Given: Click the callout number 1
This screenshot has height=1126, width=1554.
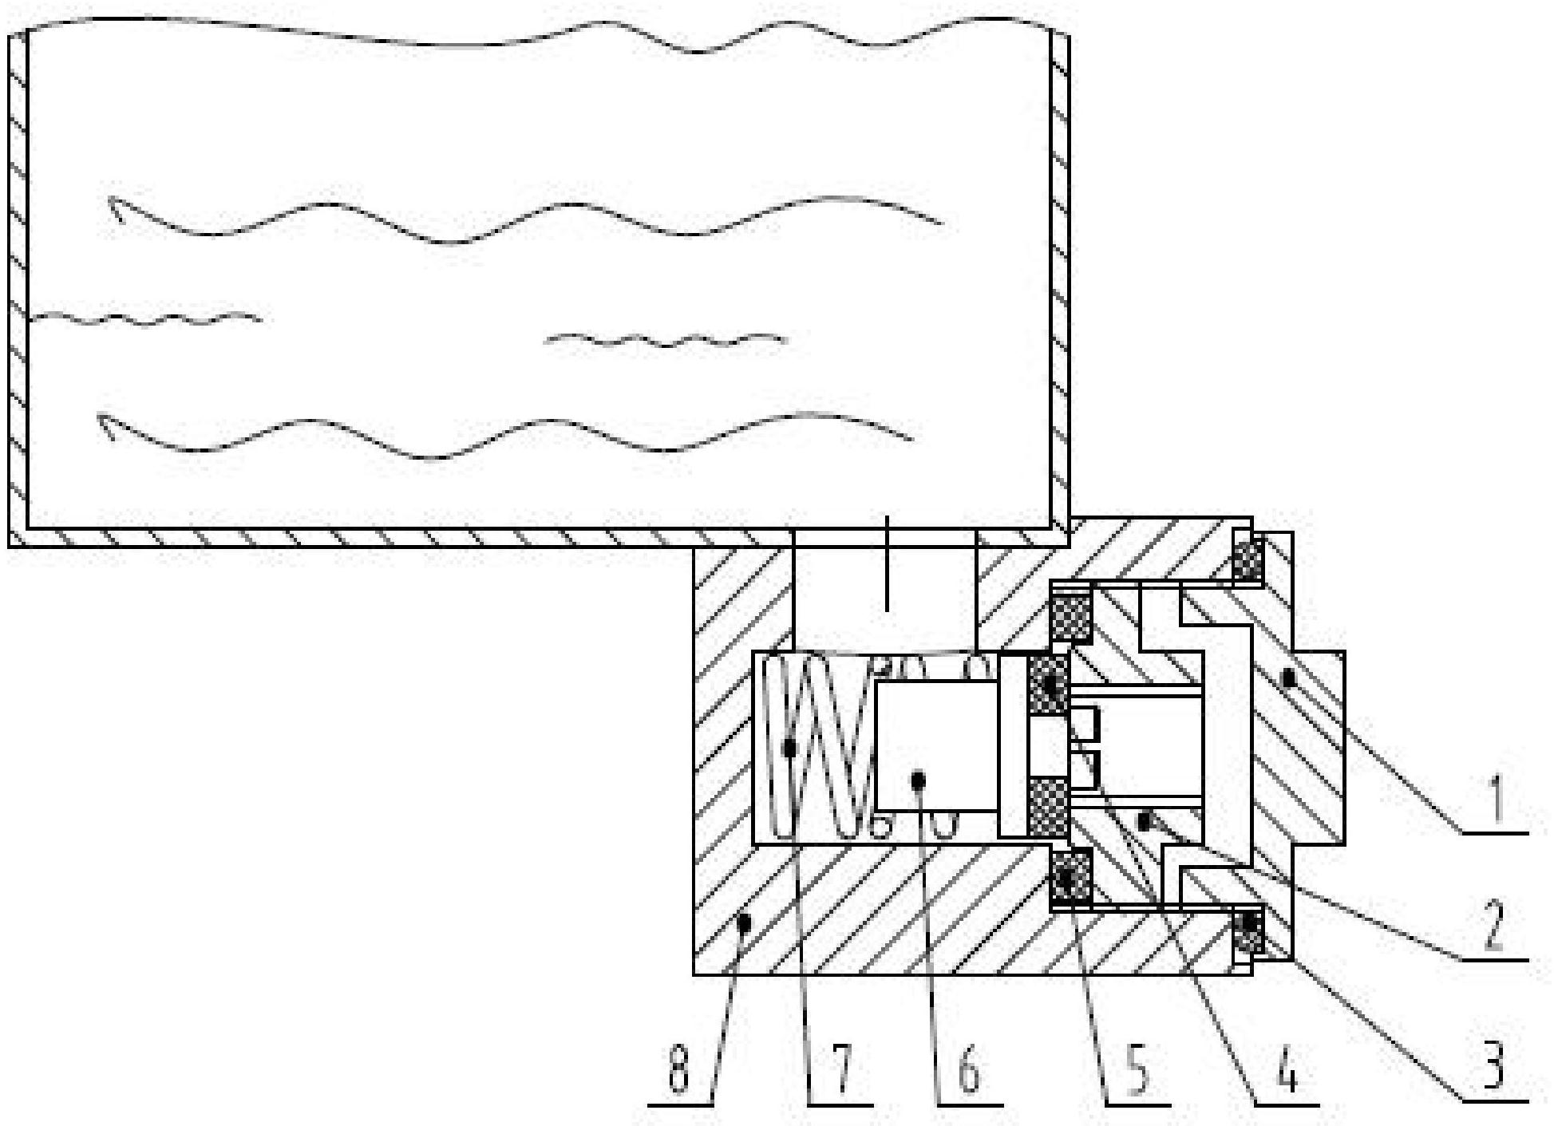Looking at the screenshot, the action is click(1496, 798).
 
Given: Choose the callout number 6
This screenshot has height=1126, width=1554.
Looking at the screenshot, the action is click(969, 1069).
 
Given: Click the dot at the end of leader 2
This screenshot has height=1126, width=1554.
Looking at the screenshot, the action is click(1145, 820).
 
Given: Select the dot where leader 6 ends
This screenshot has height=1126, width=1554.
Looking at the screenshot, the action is click(919, 777).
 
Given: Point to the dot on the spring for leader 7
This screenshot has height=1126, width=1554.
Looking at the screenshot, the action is click(789, 748).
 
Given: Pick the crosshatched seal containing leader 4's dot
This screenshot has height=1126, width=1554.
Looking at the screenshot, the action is click(1049, 685).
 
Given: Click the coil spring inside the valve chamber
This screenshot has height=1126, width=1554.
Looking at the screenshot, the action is click(814, 746).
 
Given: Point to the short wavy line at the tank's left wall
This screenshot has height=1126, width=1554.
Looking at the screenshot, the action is click(144, 320).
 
